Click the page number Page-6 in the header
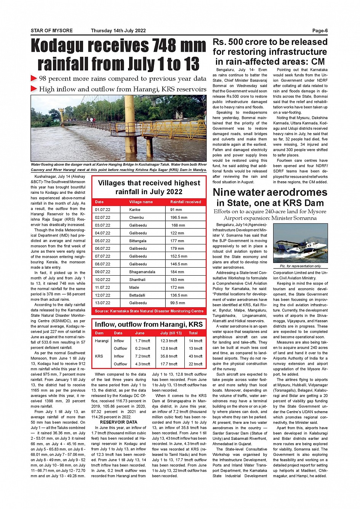[320, 31]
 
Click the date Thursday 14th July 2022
[118, 31]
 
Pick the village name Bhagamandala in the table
[142, 272]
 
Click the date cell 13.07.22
[102, 303]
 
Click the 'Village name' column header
[141, 202]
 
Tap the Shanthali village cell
[137, 280]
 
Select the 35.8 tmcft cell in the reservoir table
[169, 356]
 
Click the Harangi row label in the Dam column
[102, 341]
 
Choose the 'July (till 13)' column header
[171, 333]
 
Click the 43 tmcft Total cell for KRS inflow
[195, 356]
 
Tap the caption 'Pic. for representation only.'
[300, 266]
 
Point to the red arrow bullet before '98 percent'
[34, 79]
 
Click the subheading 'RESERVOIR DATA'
[118, 422]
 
